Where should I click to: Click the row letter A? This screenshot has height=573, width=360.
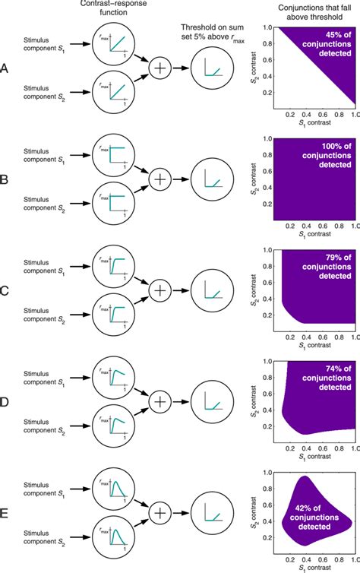6,69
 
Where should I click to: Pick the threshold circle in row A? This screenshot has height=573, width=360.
207,70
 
